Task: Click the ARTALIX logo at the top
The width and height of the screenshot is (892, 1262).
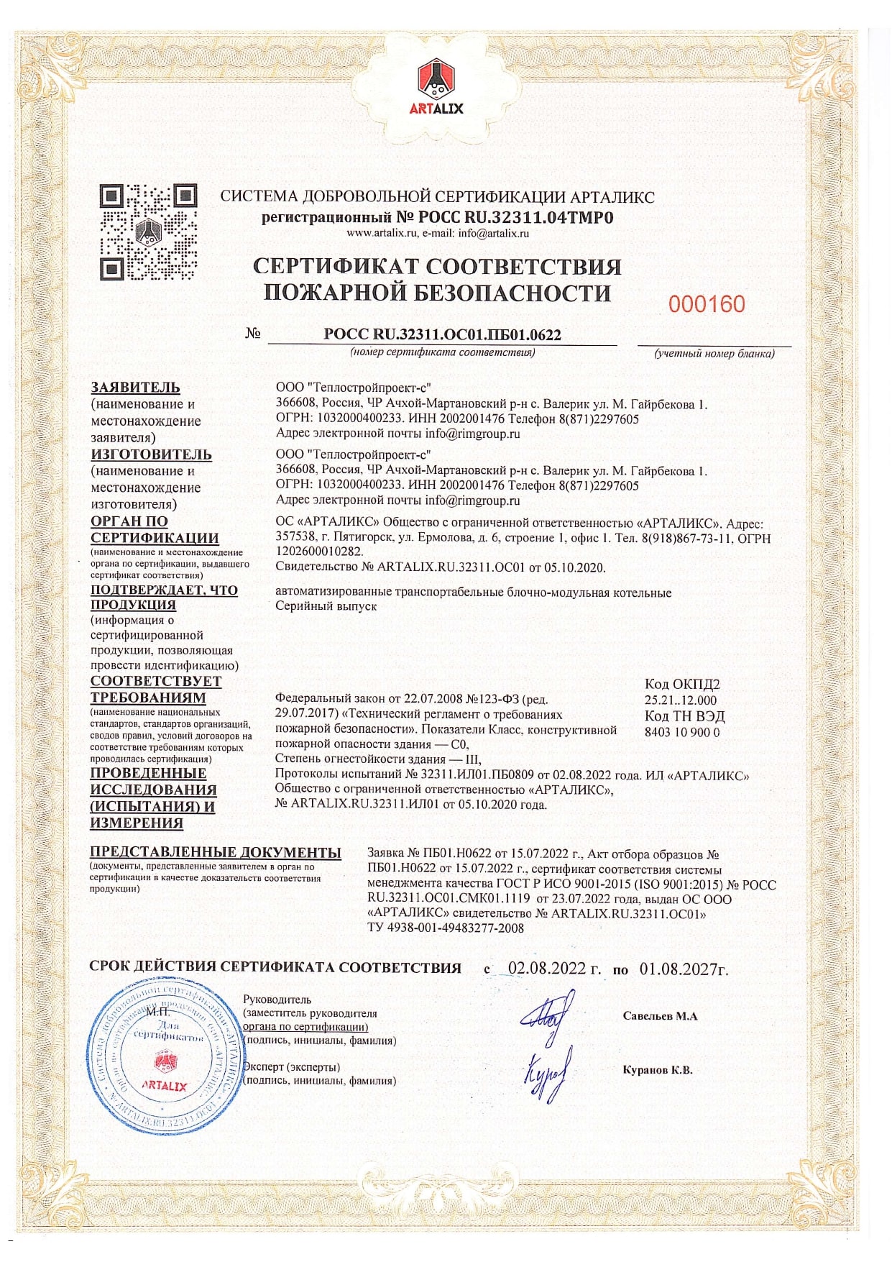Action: click(x=436, y=87)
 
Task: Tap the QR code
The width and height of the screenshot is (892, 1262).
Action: click(x=148, y=232)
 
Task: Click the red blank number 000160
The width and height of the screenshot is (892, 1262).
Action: click(x=706, y=305)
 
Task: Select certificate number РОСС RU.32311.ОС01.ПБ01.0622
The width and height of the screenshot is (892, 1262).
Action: click(x=442, y=334)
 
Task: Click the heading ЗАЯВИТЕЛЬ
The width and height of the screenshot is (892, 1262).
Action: click(x=135, y=388)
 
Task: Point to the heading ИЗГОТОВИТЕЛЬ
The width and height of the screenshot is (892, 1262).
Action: click(x=151, y=454)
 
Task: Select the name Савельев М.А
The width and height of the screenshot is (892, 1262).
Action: click(x=660, y=1016)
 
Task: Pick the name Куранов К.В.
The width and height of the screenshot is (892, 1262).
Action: click(x=657, y=1070)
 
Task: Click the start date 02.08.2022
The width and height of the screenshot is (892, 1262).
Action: click(x=553, y=968)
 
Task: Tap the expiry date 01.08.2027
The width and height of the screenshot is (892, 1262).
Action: click(x=683, y=969)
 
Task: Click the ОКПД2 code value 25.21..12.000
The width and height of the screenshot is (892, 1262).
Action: click(x=680, y=700)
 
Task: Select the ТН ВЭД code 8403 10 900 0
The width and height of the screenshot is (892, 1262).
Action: click(x=681, y=732)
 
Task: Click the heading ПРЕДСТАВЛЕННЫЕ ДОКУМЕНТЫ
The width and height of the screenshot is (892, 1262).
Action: click(x=216, y=852)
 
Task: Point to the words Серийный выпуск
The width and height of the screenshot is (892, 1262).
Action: click(x=326, y=606)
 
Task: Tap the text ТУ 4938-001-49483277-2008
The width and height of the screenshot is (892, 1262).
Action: click(x=446, y=928)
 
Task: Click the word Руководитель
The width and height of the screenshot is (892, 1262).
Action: click(x=277, y=1000)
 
